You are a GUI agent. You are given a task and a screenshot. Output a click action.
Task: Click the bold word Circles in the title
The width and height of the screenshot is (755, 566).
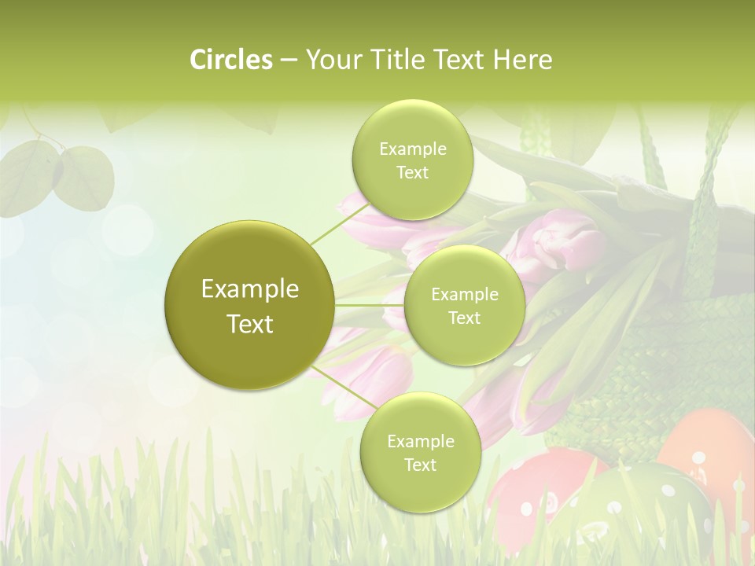pos(230,59)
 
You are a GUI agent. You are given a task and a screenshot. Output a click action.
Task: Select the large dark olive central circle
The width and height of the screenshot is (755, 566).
pos(249,305)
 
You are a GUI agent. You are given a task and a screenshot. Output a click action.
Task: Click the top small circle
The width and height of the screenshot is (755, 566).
pos(412,160)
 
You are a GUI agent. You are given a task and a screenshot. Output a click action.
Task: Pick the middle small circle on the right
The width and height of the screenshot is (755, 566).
pos(464,306)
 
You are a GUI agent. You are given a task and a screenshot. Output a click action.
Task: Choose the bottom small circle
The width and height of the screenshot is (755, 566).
pos(420,453)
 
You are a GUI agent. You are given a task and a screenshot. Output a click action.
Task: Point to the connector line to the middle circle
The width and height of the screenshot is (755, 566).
pos(370,305)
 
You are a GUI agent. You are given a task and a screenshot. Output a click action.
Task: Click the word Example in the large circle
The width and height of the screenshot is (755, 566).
pos(249,289)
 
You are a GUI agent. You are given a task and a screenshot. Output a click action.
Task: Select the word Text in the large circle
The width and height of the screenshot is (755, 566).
pos(249,324)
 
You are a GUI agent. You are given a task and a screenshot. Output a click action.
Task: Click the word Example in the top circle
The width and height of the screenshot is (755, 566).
pos(412,149)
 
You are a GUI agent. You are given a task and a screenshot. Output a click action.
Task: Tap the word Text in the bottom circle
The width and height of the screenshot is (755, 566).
pos(420,465)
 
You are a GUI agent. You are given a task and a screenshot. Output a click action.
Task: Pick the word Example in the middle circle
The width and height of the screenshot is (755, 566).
pos(464,295)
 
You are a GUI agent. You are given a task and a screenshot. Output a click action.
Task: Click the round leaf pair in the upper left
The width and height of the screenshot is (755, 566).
pos(59,173)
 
